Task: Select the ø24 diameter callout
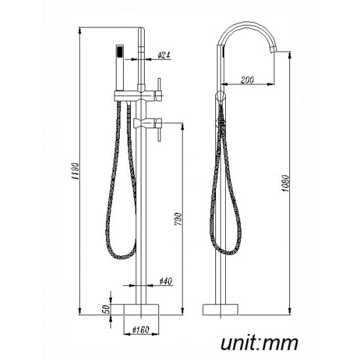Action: (164, 57)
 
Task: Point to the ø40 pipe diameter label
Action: (166, 281)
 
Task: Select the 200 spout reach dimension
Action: (247, 80)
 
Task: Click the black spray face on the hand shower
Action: (118, 50)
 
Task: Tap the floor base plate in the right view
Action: (223, 308)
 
